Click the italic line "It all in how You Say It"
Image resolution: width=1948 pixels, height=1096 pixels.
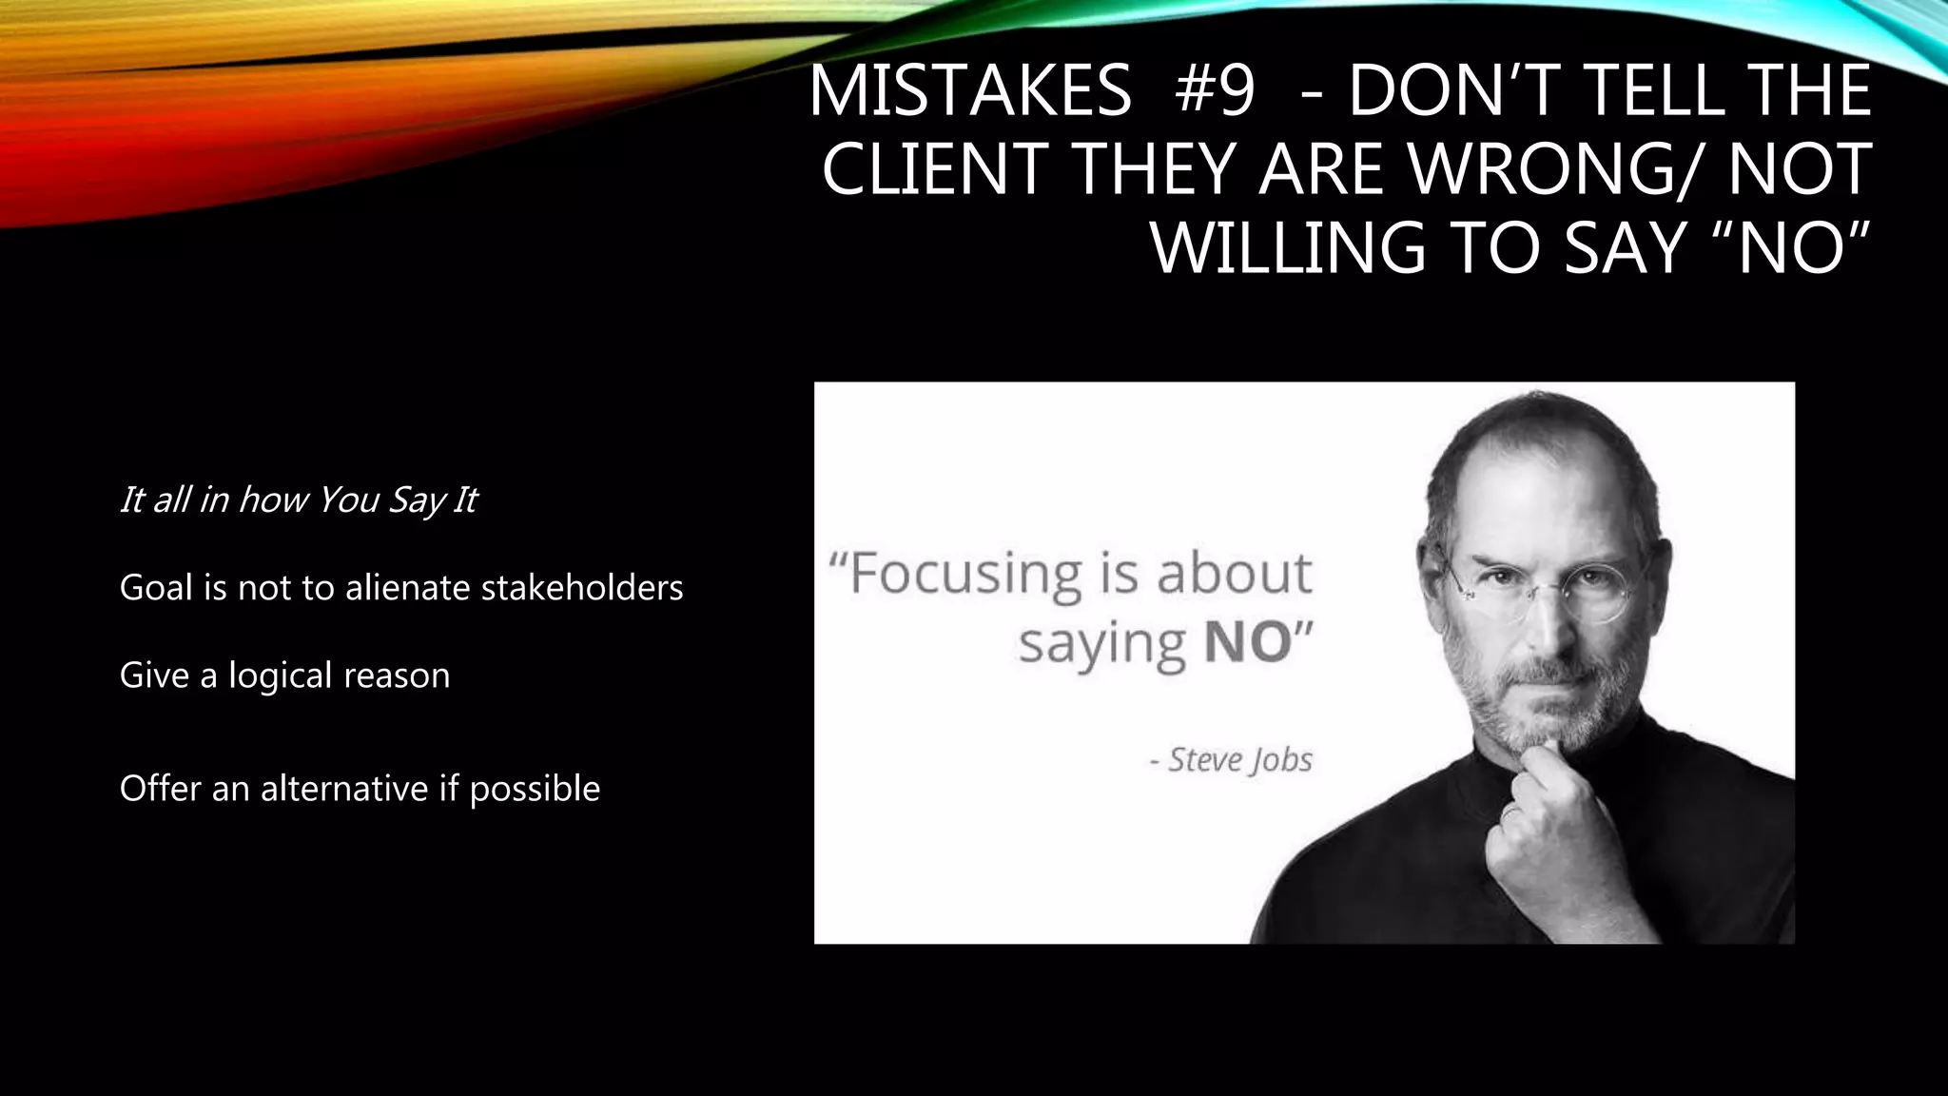pos(298,499)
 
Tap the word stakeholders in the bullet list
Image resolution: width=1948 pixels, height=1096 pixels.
pos(582,588)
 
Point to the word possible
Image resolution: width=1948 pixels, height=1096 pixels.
pos(535,789)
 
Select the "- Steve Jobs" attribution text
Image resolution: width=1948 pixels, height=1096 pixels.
pos(1232,760)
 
